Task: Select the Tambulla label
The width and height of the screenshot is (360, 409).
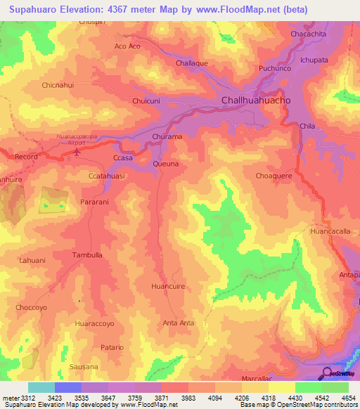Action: [x=88, y=256]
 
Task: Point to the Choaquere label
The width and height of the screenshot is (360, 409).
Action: [x=274, y=176]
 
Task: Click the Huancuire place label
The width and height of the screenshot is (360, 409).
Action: [x=169, y=287]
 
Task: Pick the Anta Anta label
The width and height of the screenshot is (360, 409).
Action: [x=179, y=323]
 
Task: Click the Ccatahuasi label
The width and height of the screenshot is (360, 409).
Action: [x=108, y=176]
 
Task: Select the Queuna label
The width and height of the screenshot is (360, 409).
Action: [x=166, y=163]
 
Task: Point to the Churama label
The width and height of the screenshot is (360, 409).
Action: [x=167, y=137]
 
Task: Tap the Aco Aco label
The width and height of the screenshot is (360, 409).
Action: [x=127, y=46]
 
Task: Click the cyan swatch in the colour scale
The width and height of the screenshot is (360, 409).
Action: [x=41, y=387]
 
